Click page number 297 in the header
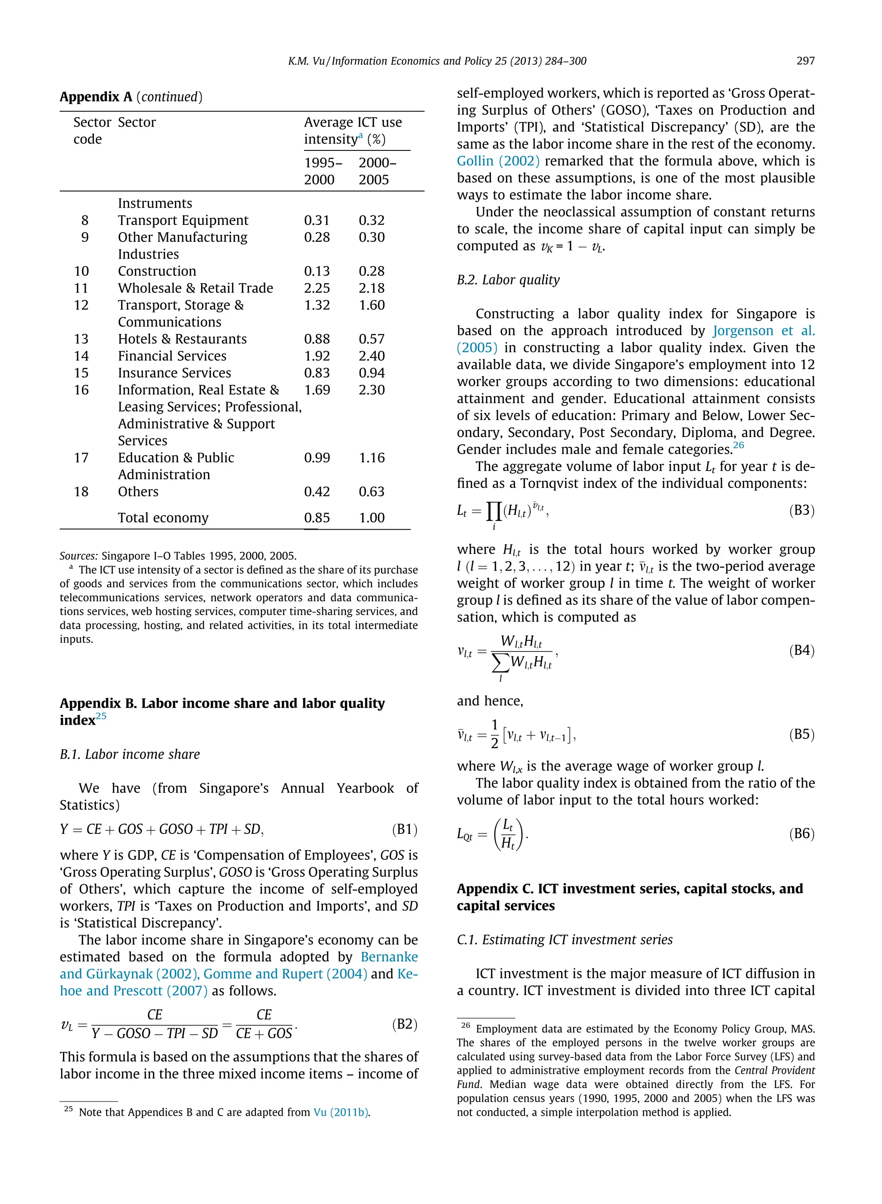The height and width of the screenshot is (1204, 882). (x=805, y=61)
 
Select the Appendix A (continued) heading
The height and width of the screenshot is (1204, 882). (x=131, y=97)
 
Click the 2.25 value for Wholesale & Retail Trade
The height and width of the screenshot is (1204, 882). (x=317, y=288)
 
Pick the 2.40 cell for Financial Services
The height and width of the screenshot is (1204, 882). (x=372, y=356)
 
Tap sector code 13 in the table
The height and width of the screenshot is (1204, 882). (x=81, y=339)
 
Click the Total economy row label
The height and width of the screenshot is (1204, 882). (x=163, y=518)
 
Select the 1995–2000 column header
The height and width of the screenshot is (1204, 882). (x=323, y=171)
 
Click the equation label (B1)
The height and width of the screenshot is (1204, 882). (x=404, y=829)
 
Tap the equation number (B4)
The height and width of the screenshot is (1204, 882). (x=801, y=651)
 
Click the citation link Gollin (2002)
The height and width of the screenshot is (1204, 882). (x=497, y=161)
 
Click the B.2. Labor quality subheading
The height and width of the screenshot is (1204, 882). (x=508, y=280)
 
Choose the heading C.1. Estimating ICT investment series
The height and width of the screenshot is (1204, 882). (x=564, y=939)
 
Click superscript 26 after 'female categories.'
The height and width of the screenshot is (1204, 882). (x=739, y=446)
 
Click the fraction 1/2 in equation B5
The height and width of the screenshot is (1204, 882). (x=494, y=734)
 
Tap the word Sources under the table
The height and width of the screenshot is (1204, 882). (x=78, y=555)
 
